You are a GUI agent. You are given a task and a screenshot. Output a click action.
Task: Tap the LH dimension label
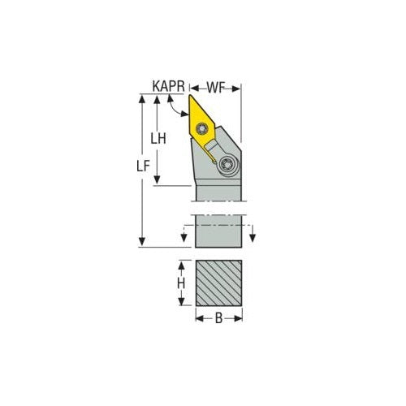tap(159, 139)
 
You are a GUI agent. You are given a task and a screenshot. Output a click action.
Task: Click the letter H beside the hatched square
tap(182, 284)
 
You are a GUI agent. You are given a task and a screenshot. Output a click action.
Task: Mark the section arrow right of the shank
tap(253, 235)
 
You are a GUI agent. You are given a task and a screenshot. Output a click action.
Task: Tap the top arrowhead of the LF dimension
tap(143, 99)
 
